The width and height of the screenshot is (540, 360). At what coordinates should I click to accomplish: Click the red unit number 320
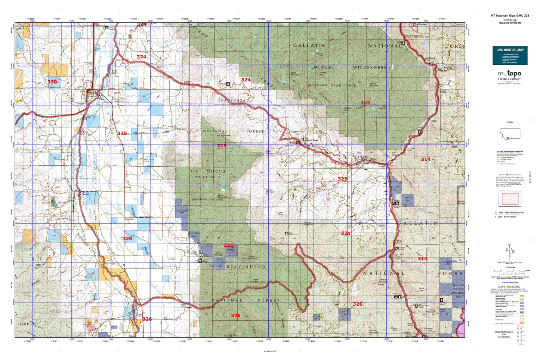point(52,81)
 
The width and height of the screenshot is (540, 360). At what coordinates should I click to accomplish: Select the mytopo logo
point(509,74)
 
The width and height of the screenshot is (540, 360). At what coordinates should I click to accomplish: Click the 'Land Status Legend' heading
point(510,287)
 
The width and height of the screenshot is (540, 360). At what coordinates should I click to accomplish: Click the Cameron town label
point(130,220)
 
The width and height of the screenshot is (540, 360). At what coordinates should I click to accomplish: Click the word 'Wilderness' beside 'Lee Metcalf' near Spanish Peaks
point(370,67)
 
